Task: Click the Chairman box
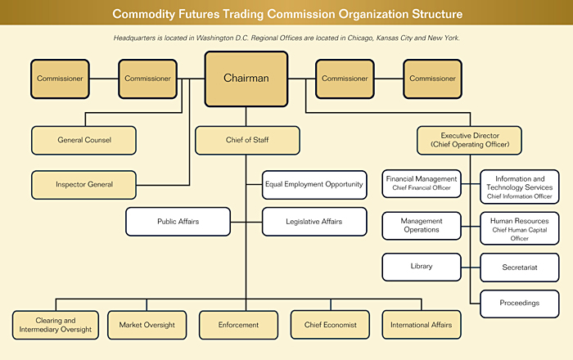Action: tap(246, 79)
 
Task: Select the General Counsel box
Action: tap(83, 140)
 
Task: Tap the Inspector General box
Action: tap(83, 184)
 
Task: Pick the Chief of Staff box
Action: tap(246, 140)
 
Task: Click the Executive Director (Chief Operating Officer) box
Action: tap(469, 139)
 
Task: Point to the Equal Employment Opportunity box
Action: tap(314, 184)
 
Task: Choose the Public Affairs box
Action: tap(178, 221)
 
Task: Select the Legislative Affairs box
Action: tap(314, 221)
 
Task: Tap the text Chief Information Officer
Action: tap(520, 196)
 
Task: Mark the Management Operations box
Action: tap(421, 225)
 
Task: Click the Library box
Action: tap(421, 266)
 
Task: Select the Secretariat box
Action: tap(520, 267)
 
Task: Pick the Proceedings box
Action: tap(520, 303)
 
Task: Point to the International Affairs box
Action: tap(422, 325)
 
